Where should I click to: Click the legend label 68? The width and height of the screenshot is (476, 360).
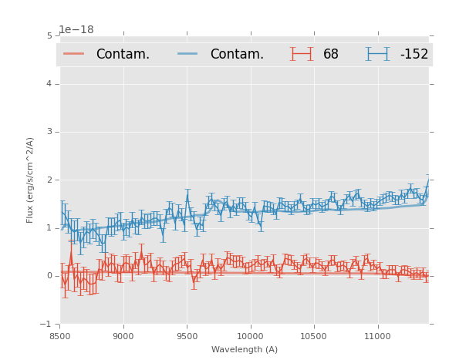331,54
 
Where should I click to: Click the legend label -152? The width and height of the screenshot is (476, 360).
414,54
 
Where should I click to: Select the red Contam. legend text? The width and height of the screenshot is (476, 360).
123,54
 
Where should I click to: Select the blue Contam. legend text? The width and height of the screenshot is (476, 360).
237,54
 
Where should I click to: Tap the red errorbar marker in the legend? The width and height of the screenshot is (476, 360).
302,54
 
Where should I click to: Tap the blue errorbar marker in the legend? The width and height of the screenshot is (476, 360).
377,54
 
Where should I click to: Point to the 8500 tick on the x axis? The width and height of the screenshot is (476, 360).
60,336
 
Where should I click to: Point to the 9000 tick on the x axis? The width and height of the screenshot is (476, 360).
123,336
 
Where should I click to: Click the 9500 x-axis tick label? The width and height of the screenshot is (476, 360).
187,336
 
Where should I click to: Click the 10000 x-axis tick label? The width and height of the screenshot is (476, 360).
250,336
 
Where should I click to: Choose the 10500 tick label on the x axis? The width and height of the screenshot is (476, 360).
313,336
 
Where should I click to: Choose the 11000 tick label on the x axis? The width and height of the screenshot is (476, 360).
377,336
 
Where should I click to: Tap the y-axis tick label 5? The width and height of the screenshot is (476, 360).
49,35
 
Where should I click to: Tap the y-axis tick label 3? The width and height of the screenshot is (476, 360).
49,132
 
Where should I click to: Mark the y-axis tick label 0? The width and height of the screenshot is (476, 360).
49,276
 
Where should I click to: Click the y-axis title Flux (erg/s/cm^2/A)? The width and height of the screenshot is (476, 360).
31,180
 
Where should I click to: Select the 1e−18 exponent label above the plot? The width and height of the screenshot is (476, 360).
76,29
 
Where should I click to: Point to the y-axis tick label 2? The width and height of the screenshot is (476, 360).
49,180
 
